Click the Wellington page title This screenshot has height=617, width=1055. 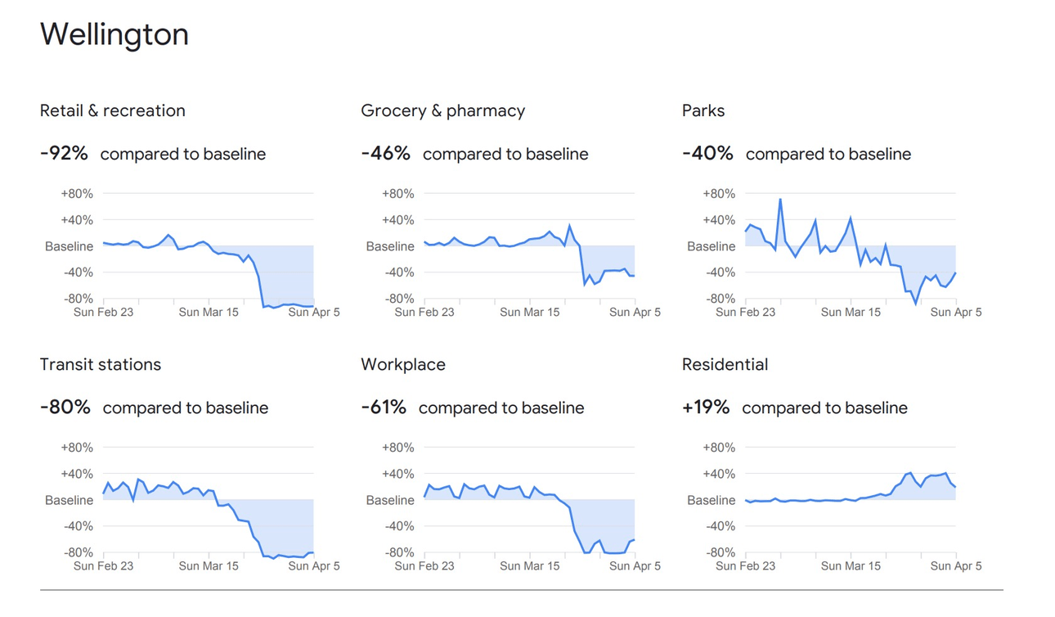[x=114, y=34]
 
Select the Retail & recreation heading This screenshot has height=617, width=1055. [x=113, y=110]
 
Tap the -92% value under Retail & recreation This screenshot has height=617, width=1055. [x=64, y=153]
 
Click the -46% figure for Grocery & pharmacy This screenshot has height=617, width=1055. [x=385, y=153]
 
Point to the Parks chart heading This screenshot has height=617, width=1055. [x=703, y=110]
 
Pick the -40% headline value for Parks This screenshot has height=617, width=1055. [x=707, y=153]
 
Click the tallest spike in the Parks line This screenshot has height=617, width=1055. [x=780, y=199]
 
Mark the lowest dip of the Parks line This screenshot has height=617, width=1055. [x=916, y=304]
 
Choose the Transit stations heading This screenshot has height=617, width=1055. [x=101, y=364]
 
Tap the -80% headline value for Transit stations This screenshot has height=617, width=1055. [x=65, y=407]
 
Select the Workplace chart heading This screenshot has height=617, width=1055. [x=403, y=364]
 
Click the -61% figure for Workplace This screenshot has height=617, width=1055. [x=384, y=407]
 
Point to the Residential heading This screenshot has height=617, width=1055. [x=725, y=364]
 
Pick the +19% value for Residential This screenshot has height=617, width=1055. [x=706, y=407]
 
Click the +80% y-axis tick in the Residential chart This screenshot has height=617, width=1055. [x=719, y=448]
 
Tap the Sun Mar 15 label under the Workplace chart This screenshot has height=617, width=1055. [x=530, y=565]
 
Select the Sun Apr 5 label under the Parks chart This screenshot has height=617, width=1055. [x=956, y=312]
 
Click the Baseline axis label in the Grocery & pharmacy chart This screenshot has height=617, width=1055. [x=390, y=246]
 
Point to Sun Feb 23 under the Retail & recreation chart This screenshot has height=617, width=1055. [x=104, y=312]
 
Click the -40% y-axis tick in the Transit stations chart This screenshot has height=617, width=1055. [x=78, y=526]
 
